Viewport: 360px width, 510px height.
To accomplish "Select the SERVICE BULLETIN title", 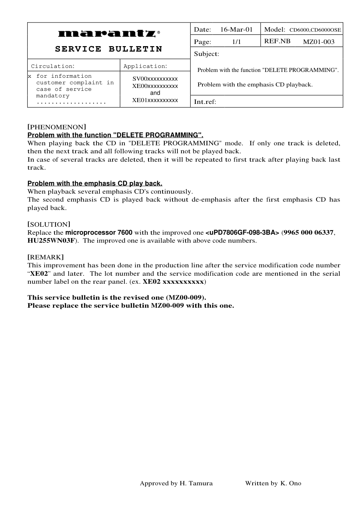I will click(x=109, y=49).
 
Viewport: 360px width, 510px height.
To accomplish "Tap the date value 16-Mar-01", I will click(x=236, y=29).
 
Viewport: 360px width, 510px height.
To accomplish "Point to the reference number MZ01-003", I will click(x=319, y=42).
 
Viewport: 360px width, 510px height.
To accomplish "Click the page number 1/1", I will click(x=236, y=42).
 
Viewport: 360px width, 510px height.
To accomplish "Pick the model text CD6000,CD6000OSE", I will click(x=315, y=30).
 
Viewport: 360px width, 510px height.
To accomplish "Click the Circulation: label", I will click(x=53, y=66).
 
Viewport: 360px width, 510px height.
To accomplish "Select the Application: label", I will click(x=145, y=66).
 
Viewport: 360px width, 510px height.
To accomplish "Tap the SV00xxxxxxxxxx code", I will click(x=155, y=79).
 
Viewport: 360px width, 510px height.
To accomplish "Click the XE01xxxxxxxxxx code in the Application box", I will click(x=155, y=100).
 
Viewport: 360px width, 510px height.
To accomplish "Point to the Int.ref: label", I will click(x=205, y=102).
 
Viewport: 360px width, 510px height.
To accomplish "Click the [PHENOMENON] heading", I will click(x=57, y=127).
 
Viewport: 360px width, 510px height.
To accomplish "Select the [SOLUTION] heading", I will click(x=49, y=224).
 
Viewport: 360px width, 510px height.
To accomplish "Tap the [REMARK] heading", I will click(x=46, y=257).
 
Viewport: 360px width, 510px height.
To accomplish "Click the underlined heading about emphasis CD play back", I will click(x=95, y=183).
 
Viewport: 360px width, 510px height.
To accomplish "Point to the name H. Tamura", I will click(x=196, y=483).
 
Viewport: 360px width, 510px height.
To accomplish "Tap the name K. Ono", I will click(x=291, y=483).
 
